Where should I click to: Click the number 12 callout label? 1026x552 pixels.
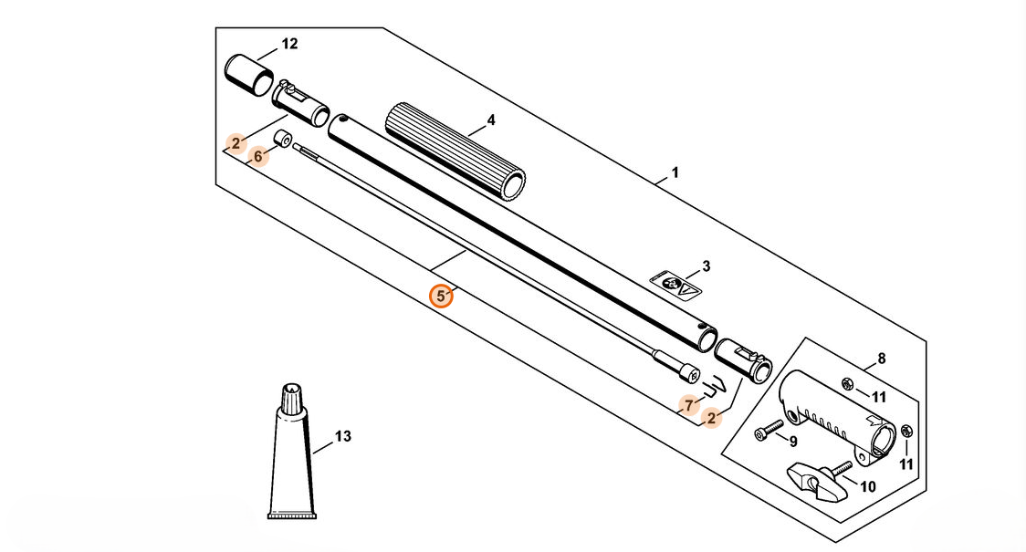click(289, 44)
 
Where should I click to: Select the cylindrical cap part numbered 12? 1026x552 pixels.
click(247, 72)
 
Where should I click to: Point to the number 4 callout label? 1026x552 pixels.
click(490, 120)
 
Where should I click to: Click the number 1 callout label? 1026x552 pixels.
click(675, 172)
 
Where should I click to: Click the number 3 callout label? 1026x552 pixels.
click(706, 266)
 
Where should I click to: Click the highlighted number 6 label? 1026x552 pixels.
click(258, 156)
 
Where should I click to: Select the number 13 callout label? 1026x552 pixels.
click(342, 437)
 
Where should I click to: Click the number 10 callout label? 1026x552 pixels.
click(867, 487)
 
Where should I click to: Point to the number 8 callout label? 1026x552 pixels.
click(881, 359)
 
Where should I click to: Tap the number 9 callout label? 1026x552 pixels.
click(792, 442)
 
